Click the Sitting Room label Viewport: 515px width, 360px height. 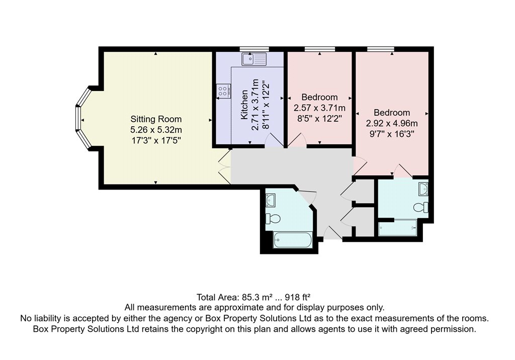pos(156,119)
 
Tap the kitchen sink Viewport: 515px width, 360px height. pos(254,59)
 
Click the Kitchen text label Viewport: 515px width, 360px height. pos(244,105)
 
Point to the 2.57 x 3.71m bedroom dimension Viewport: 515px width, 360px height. pos(319,108)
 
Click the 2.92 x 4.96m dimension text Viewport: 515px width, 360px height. pos(392,124)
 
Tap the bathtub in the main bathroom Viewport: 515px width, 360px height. pos(293,240)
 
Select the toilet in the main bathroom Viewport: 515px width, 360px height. pos(273,218)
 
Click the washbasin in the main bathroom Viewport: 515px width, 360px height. pos(270,200)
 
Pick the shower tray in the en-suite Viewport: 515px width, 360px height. pos(398,228)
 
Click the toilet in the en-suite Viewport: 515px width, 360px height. pos(421,207)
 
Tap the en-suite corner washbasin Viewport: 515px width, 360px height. pos(423,189)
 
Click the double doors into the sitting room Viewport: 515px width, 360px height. pos(225,167)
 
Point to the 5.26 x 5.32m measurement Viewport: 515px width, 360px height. pos(156,130)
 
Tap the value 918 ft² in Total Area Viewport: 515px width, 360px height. pos(298,297)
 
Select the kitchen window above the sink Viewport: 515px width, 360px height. pos(254,49)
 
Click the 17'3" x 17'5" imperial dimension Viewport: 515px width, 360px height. pos(156,141)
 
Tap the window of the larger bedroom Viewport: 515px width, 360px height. pos(381,49)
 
